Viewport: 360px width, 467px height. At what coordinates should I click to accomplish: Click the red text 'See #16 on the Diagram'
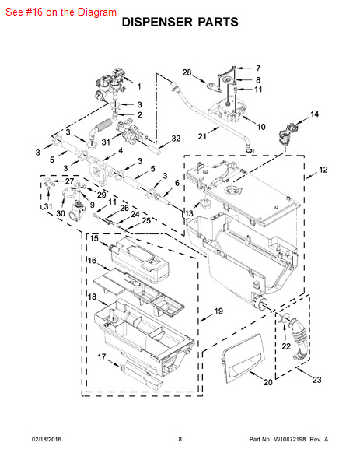(61, 12)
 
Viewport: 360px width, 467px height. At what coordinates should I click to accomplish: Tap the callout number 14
(314, 114)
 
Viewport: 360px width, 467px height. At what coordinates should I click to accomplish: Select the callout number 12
(323, 170)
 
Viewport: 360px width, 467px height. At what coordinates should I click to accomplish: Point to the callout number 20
(267, 382)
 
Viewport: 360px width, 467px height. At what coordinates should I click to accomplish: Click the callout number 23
(317, 380)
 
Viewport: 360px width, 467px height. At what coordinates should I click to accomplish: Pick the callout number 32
(176, 139)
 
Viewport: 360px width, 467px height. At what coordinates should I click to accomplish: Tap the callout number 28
(187, 72)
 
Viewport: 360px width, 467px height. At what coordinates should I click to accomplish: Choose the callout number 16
(93, 260)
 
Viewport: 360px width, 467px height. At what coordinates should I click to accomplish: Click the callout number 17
(102, 356)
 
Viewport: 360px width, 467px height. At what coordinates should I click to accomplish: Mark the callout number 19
(218, 311)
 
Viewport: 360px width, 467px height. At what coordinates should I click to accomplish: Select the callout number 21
(202, 136)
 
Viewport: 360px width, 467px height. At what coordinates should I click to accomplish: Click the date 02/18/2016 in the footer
(47, 439)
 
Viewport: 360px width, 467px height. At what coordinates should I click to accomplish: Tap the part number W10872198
(289, 439)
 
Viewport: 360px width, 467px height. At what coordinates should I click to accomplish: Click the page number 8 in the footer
(180, 439)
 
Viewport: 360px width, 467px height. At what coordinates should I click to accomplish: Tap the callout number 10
(261, 127)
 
